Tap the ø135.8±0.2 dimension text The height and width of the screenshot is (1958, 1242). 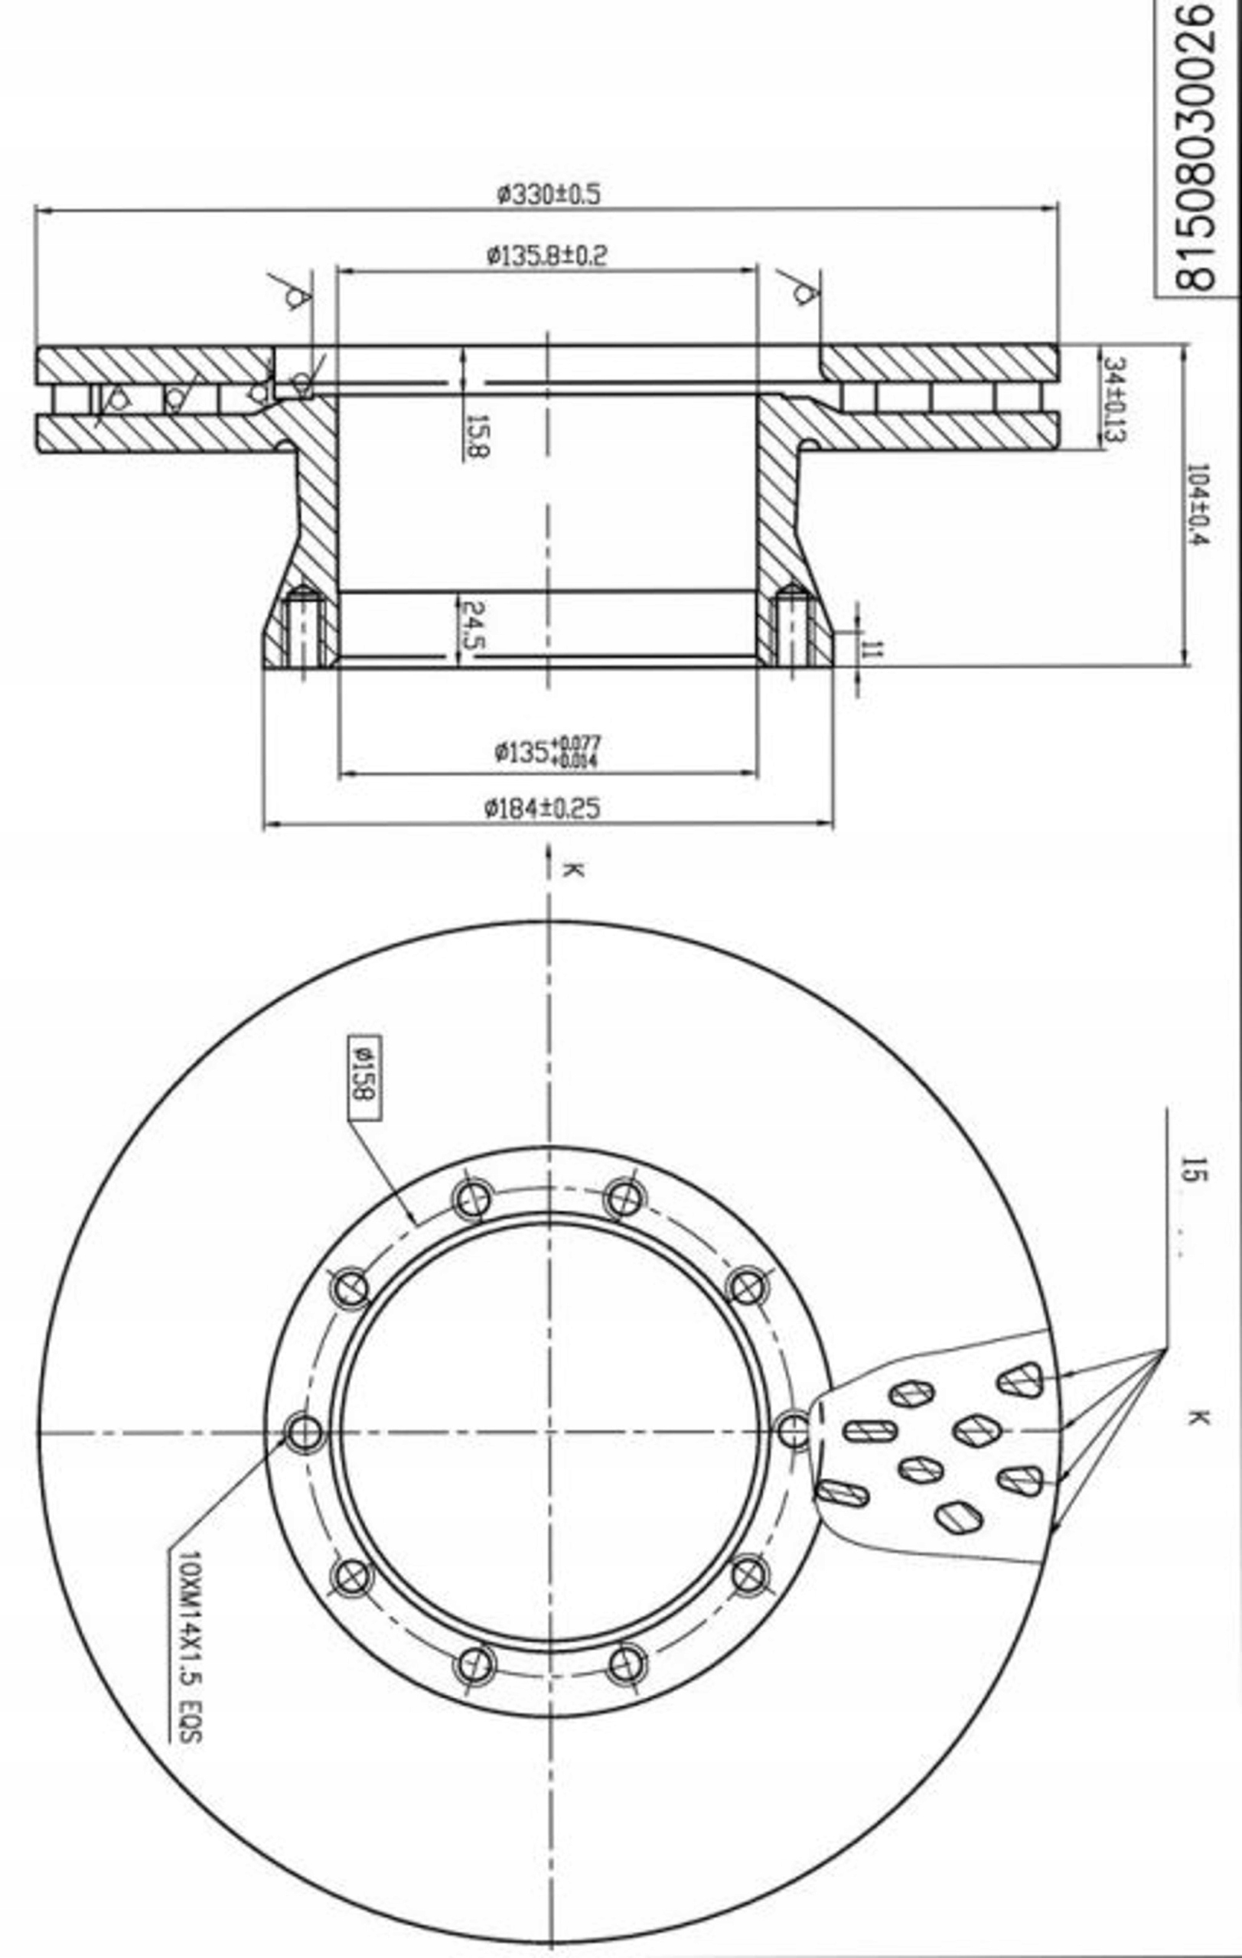[x=546, y=257]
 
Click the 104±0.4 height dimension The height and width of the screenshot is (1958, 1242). [x=1196, y=504]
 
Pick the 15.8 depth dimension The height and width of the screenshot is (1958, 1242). [x=477, y=436]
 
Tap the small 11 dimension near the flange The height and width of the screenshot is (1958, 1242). [x=871, y=649]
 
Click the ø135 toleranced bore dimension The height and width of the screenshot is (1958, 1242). [x=546, y=751]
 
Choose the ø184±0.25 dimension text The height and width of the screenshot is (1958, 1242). [x=542, y=809]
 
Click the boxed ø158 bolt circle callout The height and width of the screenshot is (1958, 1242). [x=363, y=1078]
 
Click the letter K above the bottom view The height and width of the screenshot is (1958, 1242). [x=572, y=870]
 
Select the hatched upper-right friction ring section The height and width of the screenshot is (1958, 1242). [x=940, y=363]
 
